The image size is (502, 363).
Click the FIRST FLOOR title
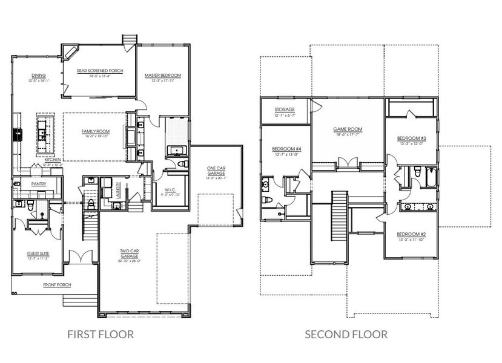[x=100, y=334]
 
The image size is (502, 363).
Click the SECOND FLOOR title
[x=346, y=334]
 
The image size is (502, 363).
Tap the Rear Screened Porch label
[x=100, y=71]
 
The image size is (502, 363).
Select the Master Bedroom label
[x=160, y=76]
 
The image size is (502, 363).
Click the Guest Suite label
[x=38, y=254]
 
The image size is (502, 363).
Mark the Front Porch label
[x=54, y=284]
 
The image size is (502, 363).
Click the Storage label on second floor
[x=284, y=110]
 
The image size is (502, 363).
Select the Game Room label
[x=348, y=129]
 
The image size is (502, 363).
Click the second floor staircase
[x=340, y=215]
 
